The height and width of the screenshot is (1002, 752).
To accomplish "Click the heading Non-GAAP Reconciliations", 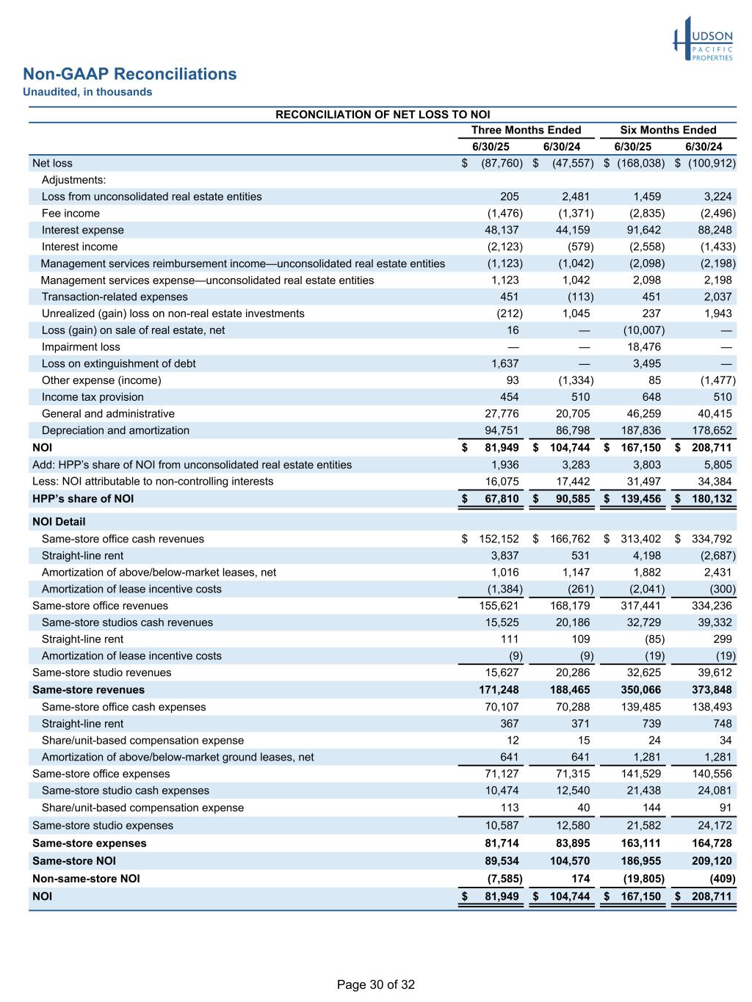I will point(130,74).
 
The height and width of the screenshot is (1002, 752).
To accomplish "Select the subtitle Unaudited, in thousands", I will point(87,92).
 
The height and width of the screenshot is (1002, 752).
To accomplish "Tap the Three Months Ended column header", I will point(526,130).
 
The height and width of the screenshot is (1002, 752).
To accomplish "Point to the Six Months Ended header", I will point(668,130).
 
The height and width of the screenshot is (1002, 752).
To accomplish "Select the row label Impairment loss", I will point(81,347).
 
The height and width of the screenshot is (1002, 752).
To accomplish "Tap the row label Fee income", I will point(70,214).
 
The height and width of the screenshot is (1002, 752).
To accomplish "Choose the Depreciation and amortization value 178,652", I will point(712,431).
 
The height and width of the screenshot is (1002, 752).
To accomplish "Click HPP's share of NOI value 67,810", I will point(499,499).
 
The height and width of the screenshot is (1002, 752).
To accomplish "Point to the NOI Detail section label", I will point(59,522).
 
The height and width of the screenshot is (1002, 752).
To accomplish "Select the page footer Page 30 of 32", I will point(376,985).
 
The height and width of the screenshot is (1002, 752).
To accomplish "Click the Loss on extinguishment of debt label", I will point(118,364).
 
